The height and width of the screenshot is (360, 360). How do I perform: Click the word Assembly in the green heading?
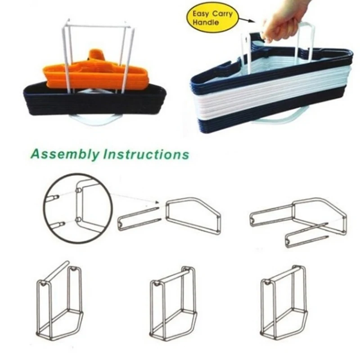(x=65, y=154)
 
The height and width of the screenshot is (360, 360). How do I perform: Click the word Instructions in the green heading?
(x=146, y=154)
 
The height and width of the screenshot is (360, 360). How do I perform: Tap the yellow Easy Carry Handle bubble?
(x=212, y=18)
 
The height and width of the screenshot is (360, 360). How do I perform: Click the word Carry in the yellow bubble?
(x=222, y=14)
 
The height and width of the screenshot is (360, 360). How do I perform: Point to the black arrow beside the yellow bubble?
(x=247, y=20)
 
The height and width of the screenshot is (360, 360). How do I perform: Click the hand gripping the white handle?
(x=285, y=21)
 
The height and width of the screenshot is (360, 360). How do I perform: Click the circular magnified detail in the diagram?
(x=78, y=208)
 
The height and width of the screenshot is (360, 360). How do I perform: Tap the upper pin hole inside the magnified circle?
(x=78, y=190)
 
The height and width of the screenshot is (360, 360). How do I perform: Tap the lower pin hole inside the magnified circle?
(x=78, y=220)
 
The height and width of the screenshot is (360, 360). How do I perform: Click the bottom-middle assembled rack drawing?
(x=173, y=303)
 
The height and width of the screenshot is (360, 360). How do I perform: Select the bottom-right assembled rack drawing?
(x=283, y=302)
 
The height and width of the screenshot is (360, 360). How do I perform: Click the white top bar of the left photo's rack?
(x=96, y=26)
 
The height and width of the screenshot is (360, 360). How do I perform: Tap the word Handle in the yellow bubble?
(x=206, y=22)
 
